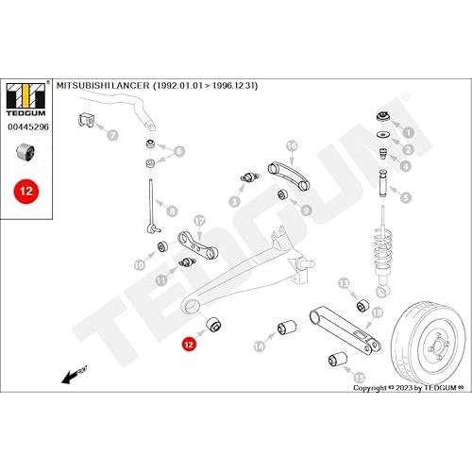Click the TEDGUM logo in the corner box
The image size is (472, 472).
[26, 99]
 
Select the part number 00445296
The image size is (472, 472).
[28, 126]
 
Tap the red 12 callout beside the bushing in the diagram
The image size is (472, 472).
[189, 345]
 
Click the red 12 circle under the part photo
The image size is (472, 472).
[26, 191]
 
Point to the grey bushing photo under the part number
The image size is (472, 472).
[25, 151]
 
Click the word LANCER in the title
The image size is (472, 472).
[131, 85]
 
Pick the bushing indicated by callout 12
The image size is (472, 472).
[214, 325]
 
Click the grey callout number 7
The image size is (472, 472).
[112, 135]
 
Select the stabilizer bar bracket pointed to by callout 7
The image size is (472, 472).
[86, 119]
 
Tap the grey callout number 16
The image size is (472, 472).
[292, 145]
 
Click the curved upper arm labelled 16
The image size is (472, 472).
[289, 175]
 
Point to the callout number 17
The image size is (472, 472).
[199, 221]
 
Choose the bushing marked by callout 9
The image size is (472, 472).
[283, 194]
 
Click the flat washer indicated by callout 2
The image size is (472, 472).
[383, 134]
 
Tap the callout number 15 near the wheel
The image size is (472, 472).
[360, 377]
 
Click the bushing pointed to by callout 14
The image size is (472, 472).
[287, 328]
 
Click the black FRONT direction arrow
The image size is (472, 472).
[75, 375]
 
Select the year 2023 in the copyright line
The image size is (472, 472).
[404, 388]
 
